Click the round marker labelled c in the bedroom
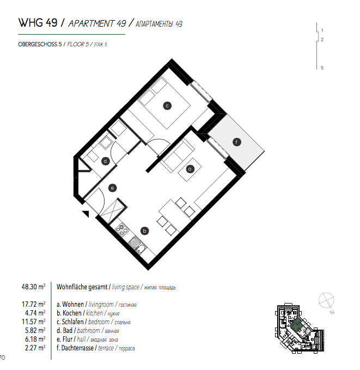pos(167,106)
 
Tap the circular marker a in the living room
pos(190,169)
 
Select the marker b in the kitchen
pos(145,231)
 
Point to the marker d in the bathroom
pos(105,161)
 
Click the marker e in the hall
pos(112,188)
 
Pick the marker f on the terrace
pos(236,142)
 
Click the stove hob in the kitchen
pos(121,229)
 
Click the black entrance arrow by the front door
pos(86,214)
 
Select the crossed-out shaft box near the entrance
pos(113,210)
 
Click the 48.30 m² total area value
pos(33,287)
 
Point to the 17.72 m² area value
pos(33,304)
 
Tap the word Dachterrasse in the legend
pos(77,348)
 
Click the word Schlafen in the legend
pos(72,322)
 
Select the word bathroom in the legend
pos(88,330)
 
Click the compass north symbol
pos(327,302)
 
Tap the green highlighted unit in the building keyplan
pos(296,325)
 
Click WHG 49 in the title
pos(38,23)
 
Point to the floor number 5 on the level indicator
pos(322,68)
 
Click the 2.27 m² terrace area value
pos(35,348)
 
